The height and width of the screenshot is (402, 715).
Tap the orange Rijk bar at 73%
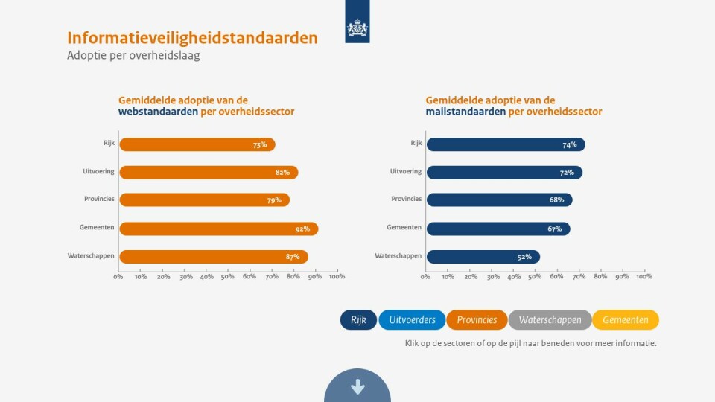(x=197, y=144)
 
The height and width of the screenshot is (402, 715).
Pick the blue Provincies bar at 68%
(x=499, y=200)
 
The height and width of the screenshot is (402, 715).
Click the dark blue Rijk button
(x=358, y=320)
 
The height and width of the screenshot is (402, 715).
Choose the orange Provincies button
(x=477, y=320)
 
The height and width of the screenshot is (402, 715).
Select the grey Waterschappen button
(x=550, y=320)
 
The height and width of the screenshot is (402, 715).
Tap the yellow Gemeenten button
(x=626, y=320)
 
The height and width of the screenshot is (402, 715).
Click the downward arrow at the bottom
(x=357, y=386)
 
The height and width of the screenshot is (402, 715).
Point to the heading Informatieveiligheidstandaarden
(x=192, y=38)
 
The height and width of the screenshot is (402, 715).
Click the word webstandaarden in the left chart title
(x=158, y=112)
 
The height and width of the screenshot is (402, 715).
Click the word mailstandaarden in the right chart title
(x=465, y=112)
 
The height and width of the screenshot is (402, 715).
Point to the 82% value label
(x=282, y=173)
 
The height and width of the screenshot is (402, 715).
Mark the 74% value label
(x=570, y=145)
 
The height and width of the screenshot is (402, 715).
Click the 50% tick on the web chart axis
(x=227, y=277)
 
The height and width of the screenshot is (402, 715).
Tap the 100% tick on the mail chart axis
(x=644, y=277)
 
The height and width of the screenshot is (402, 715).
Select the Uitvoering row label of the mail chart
(x=406, y=171)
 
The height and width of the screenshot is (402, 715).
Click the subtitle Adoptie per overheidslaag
(x=133, y=56)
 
